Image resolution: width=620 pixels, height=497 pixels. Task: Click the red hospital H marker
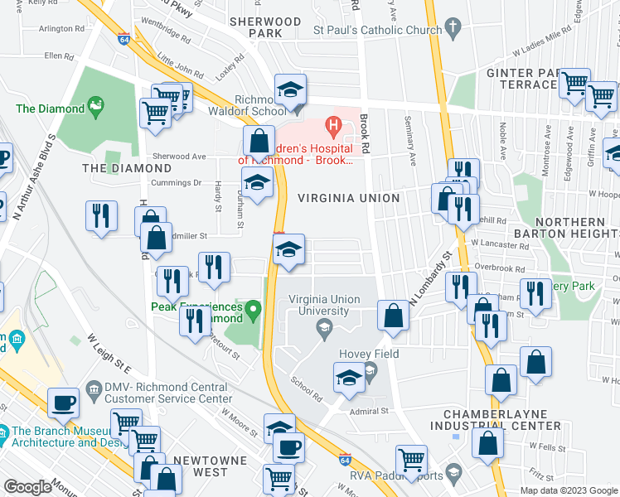coord(333,128)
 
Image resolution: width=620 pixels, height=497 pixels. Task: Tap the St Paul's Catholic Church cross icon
coord(452,29)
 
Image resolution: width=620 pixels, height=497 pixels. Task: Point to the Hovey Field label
coord(369,354)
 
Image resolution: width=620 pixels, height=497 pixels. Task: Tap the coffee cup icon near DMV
coord(64,403)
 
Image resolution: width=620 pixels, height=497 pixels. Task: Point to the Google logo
coord(27,487)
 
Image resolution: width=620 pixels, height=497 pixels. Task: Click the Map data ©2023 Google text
coord(569,490)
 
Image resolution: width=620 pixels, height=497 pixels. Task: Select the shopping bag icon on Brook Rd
coord(392,315)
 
